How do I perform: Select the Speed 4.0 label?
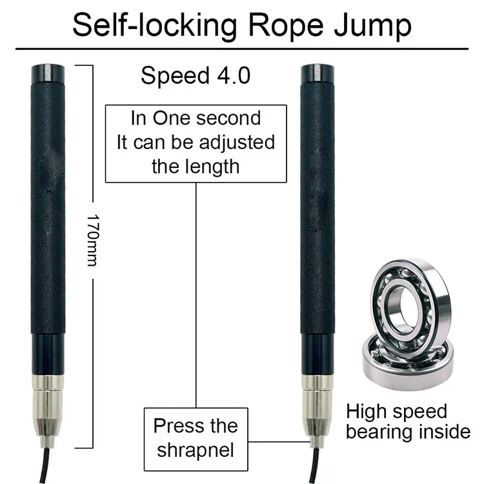196,76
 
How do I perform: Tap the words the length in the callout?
196,166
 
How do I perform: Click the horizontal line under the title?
242,48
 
